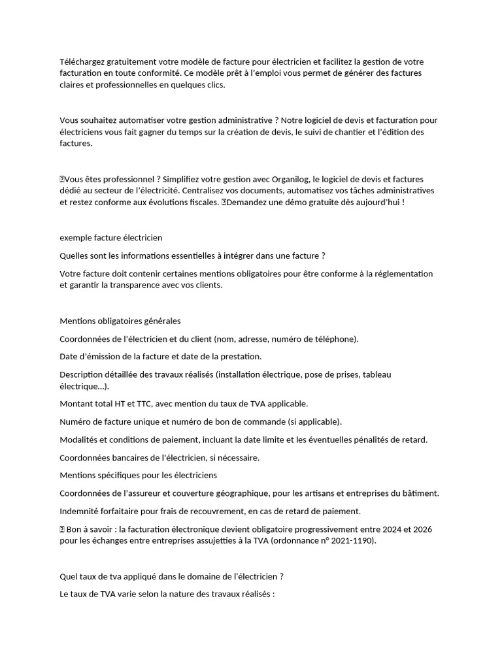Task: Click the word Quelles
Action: (74, 255)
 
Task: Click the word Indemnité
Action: (81, 511)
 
